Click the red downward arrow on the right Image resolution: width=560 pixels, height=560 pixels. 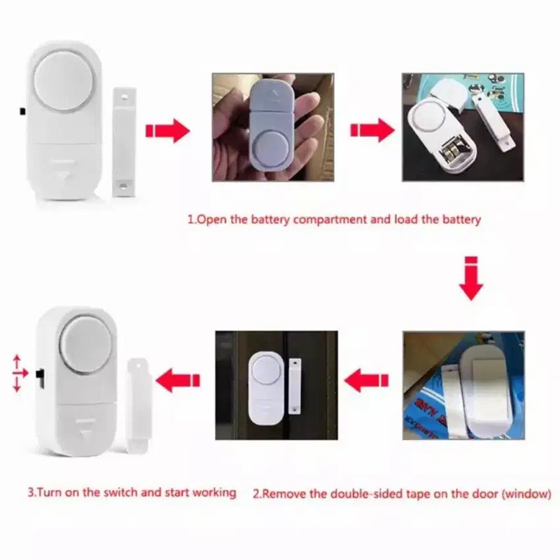[x=471, y=278]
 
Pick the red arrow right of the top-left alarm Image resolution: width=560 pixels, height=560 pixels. [x=167, y=131]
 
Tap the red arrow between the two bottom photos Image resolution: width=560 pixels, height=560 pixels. [x=366, y=381]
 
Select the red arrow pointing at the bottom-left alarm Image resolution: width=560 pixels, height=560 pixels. [x=178, y=381]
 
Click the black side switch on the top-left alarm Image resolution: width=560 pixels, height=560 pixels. [x=22, y=111]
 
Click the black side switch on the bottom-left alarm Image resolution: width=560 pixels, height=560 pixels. [x=40, y=379]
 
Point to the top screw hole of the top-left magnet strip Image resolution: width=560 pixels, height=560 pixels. [x=124, y=97]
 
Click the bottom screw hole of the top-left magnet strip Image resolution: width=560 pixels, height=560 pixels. [x=124, y=186]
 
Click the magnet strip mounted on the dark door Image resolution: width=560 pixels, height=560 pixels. [x=295, y=387]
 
